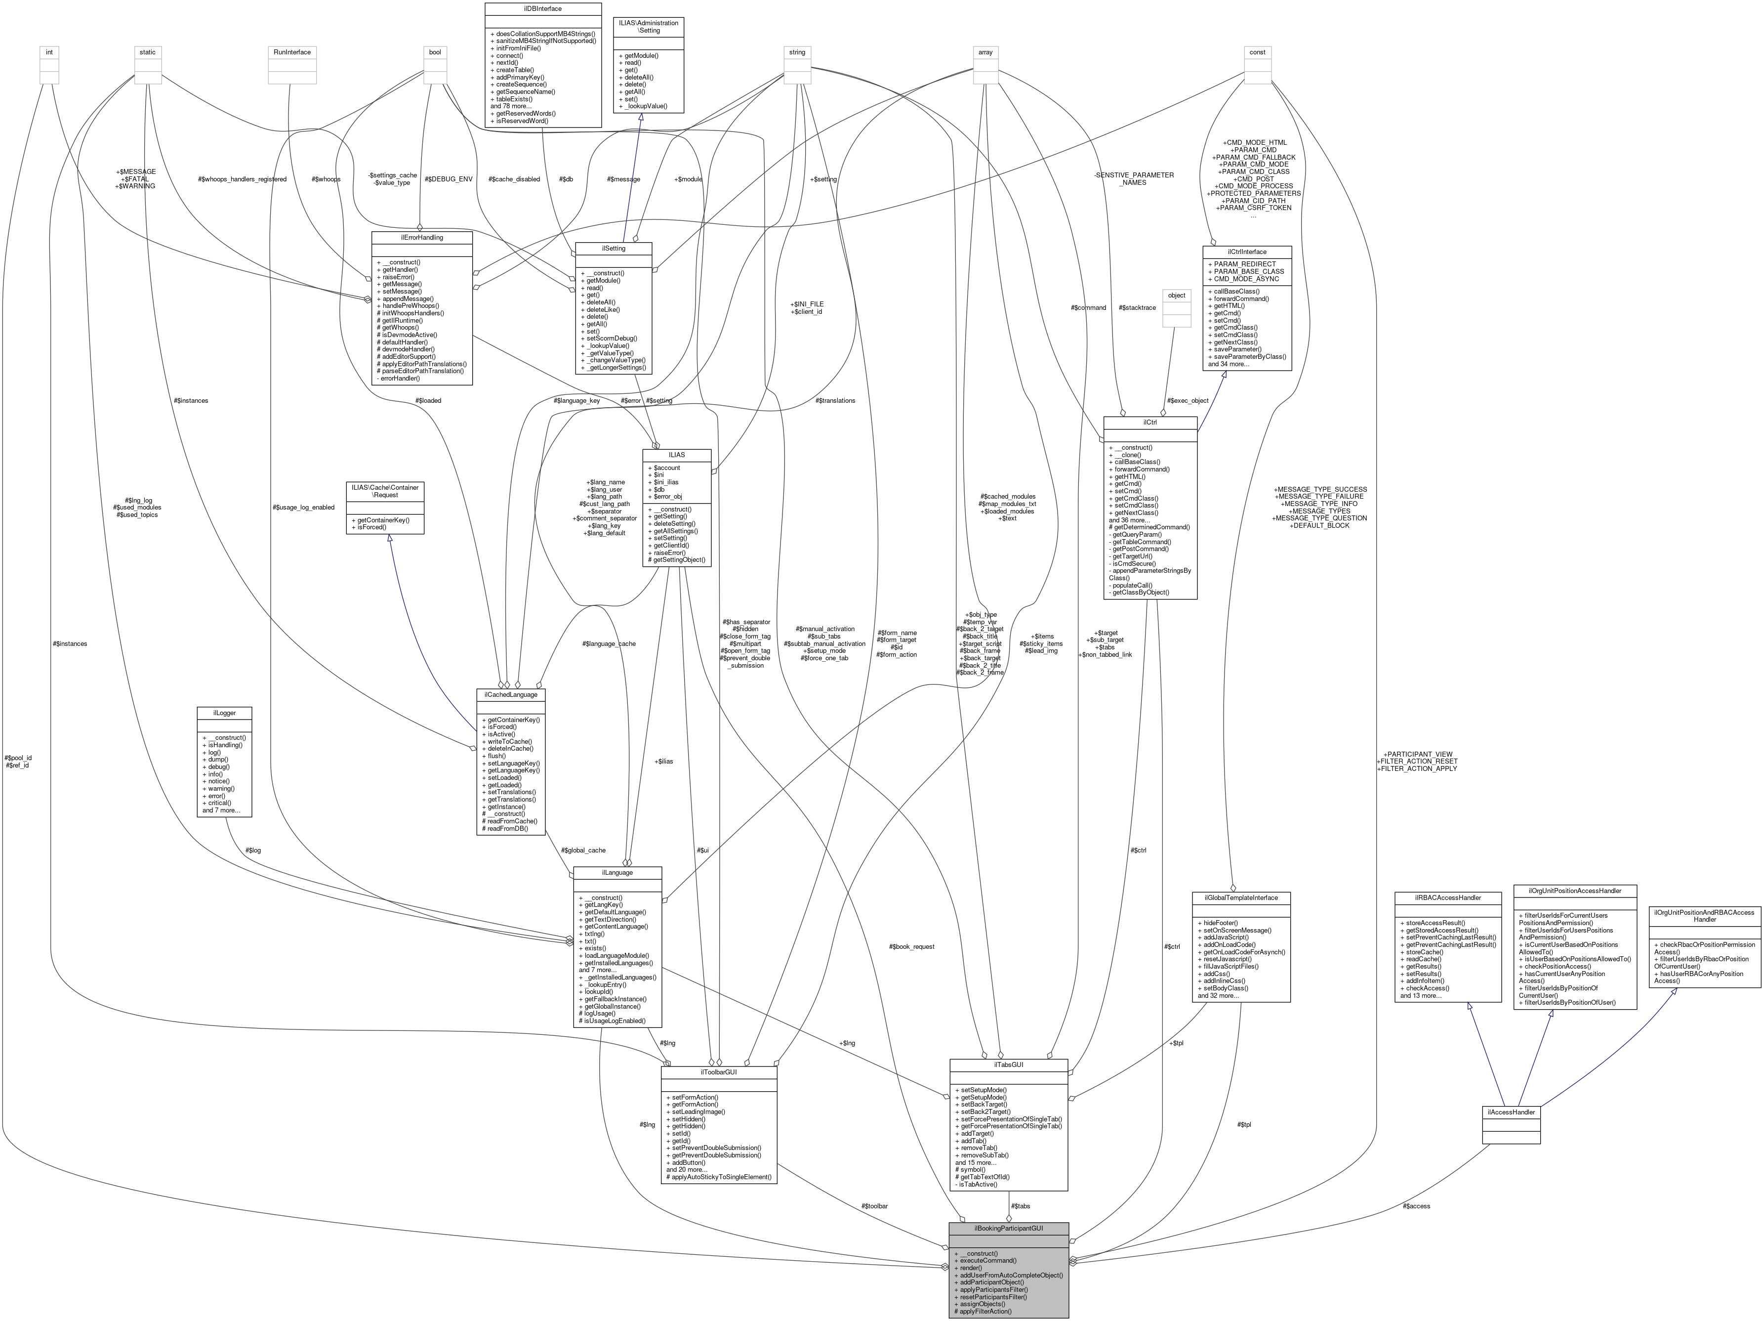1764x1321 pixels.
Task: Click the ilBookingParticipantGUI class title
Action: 1008,1229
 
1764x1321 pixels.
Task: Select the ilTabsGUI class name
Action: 1008,1065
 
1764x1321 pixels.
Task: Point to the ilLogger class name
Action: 225,712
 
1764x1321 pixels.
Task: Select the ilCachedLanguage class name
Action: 510,695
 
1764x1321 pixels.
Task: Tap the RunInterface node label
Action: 292,52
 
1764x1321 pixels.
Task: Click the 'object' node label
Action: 1176,295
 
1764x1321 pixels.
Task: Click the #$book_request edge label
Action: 911,947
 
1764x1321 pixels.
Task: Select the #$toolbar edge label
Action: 874,1206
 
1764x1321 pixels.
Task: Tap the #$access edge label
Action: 1416,1206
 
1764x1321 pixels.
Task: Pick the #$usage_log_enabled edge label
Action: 303,508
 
